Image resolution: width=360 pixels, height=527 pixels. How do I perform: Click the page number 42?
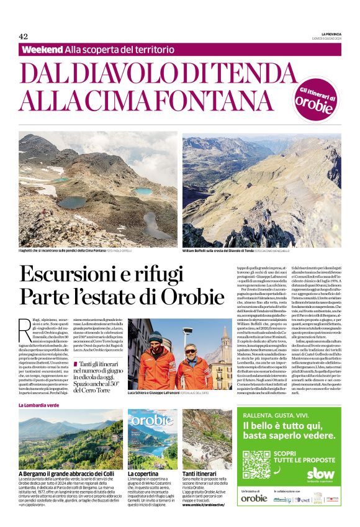pos(24,36)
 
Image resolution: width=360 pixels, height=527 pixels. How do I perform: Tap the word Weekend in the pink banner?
pos(42,49)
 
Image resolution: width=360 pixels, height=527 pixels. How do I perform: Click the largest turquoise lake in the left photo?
pos(73,202)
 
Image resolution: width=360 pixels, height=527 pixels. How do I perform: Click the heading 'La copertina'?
pos(143,474)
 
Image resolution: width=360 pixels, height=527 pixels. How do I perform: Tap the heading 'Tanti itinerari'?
pos(199,474)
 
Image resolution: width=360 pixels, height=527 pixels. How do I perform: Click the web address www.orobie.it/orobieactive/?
pos(206,505)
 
